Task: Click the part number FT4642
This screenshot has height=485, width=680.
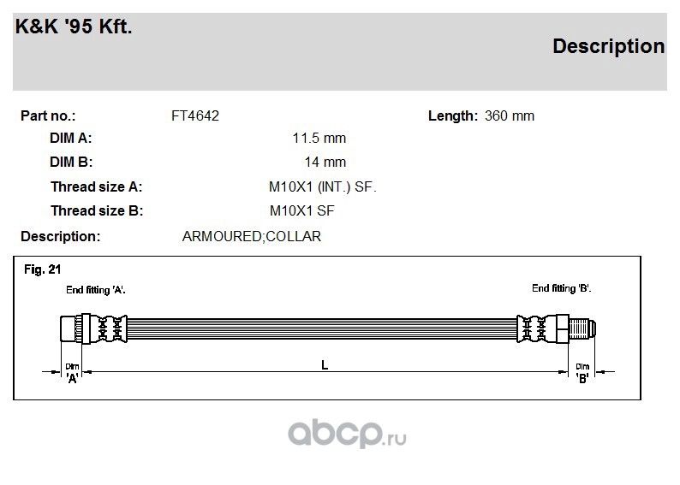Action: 195,116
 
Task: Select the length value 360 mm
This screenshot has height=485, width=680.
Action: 510,116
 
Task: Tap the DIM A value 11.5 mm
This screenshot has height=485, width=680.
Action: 319,138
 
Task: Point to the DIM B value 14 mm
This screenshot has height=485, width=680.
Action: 325,162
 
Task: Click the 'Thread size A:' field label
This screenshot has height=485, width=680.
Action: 96,186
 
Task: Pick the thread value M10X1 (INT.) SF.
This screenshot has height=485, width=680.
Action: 323,186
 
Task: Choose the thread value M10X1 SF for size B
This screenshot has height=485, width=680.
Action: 301,211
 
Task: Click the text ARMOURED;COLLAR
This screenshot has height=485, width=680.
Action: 252,236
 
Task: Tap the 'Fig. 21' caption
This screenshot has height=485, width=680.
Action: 43,269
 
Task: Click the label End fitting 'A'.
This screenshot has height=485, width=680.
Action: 96,290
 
